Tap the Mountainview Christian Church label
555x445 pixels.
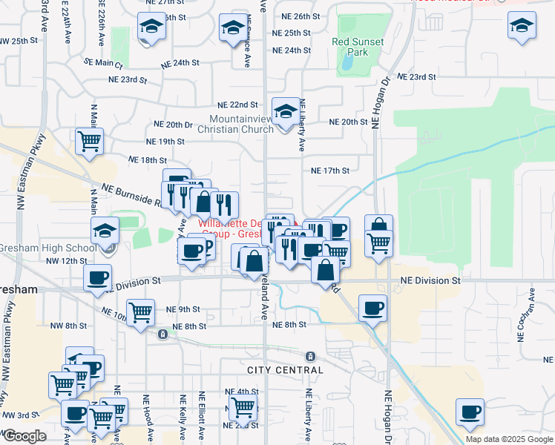(x=242, y=124)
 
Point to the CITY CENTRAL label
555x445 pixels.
(x=286, y=369)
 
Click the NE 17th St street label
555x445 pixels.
(x=329, y=171)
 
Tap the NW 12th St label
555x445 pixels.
(x=67, y=261)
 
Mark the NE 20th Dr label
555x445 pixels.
(x=173, y=125)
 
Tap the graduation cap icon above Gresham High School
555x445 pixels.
(x=105, y=231)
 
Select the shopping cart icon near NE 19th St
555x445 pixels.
(x=89, y=140)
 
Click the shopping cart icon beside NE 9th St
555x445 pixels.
(x=140, y=312)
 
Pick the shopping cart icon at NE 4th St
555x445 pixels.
(x=242, y=407)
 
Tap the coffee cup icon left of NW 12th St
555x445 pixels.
(x=97, y=279)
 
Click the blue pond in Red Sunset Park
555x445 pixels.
(x=347, y=64)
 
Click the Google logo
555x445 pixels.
(x=25, y=436)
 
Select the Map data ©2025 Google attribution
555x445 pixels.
(x=508, y=439)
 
